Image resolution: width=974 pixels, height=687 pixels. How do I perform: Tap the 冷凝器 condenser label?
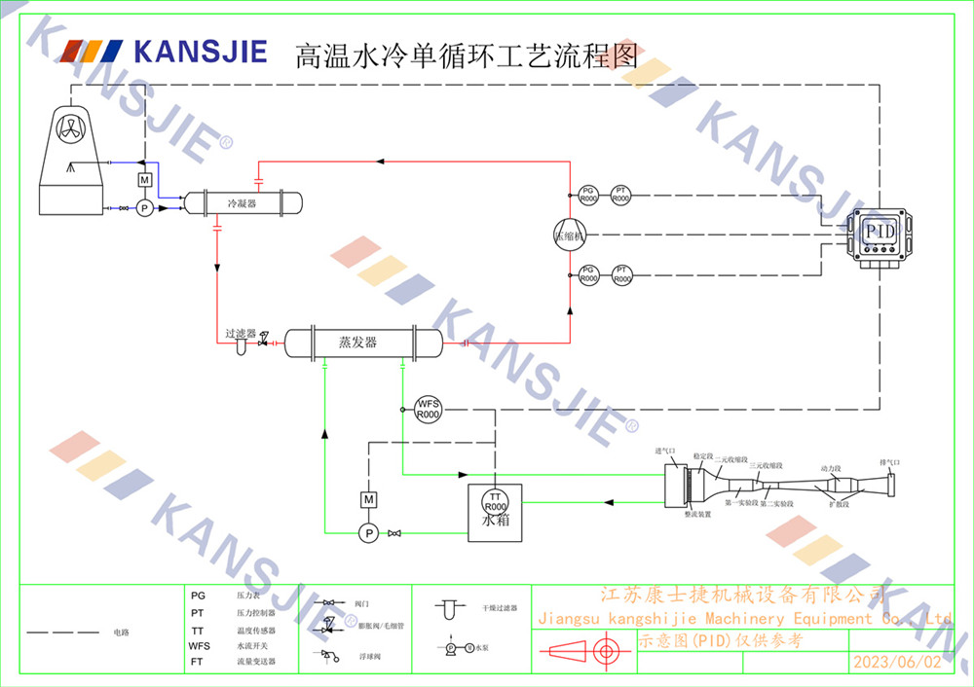click(x=242, y=203)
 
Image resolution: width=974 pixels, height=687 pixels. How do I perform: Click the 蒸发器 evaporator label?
click(x=357, y=343)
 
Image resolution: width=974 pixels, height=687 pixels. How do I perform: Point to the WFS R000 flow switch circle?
click(x=429, y=409)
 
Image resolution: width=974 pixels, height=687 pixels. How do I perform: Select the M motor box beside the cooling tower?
click(x=144, y=180)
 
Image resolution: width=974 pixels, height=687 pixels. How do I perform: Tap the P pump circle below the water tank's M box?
click(x=368, y=532)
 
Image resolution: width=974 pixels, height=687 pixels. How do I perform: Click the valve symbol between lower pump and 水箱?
click(x=394, y=533)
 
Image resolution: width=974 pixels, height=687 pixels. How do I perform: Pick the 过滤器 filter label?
click(x=240, y=333)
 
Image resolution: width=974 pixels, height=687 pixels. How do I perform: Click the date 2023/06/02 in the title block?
click(x=896, y=662)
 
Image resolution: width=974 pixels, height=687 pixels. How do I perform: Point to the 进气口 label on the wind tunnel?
click(x=664, y=452)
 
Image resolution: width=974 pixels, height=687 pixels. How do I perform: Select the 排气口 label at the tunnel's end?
click(x=889, y=462)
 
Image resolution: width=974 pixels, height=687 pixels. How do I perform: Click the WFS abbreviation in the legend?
click(x=199, y=646)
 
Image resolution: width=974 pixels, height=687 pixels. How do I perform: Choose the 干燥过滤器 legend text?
click(x=499, y=608)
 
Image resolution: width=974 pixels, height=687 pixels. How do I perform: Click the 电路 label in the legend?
click(x=121, y=633)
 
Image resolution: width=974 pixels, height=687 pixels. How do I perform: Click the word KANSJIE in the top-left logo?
click(x=201, y=51)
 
